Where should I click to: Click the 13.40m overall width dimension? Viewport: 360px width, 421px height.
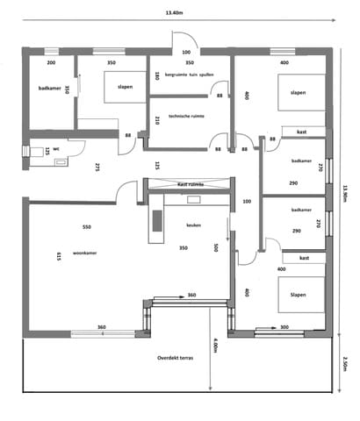coord(179,13)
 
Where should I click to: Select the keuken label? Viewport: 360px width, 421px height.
coord(194,225)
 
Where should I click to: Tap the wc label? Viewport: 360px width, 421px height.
coord(55,149)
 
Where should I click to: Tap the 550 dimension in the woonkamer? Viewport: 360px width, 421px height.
coord(86,226)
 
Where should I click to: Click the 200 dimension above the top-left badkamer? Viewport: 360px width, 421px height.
coord(51,63)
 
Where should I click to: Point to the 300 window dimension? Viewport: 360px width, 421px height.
coord(284,327)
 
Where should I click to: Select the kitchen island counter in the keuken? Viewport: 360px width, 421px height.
coord(158,226)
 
